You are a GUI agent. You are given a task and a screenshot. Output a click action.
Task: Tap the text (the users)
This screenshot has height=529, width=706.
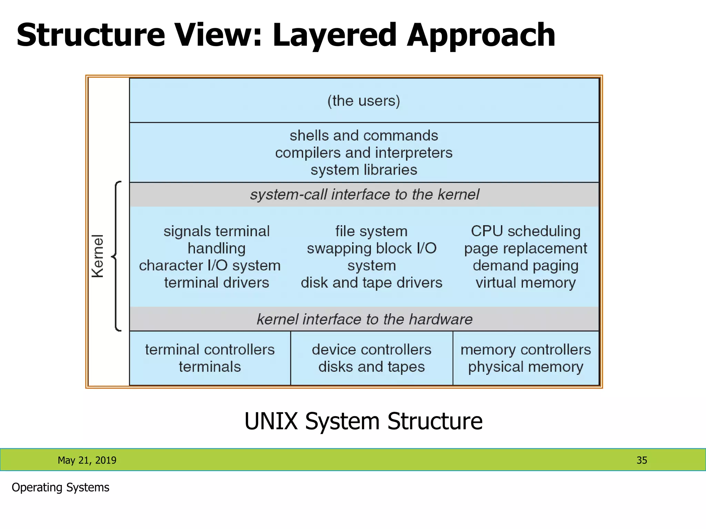364,101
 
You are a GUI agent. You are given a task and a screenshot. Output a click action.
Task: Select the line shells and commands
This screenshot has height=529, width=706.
364,136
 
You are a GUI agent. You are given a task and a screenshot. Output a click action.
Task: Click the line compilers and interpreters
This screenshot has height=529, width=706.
364,153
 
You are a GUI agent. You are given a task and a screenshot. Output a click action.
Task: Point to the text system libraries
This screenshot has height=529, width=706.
364,170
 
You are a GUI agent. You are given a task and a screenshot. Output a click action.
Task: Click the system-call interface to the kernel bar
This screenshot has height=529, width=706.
364,195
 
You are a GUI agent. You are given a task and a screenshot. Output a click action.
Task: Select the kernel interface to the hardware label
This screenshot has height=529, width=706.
364,319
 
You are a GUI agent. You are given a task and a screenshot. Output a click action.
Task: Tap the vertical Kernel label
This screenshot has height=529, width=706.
98,256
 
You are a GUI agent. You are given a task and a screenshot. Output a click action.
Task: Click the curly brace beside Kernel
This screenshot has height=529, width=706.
117,256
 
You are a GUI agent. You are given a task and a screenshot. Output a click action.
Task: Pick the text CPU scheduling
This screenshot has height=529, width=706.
525,231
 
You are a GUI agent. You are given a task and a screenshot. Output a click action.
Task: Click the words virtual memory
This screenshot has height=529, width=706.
525,283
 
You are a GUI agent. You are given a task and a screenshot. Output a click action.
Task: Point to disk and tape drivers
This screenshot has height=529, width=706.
371,283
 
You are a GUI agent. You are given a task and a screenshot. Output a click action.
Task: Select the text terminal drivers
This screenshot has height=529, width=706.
216,283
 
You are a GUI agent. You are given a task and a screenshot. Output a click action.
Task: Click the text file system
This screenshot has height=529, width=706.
371,231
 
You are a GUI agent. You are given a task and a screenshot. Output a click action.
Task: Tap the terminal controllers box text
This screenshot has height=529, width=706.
210,350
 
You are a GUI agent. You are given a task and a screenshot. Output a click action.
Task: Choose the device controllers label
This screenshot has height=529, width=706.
371,350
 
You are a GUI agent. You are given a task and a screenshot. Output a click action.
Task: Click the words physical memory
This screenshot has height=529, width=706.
525,367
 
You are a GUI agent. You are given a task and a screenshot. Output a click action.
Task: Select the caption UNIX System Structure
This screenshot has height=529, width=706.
363,421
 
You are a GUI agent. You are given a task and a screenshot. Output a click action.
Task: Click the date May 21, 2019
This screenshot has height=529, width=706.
87,460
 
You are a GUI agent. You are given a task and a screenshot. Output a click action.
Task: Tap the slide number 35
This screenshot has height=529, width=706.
642,460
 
